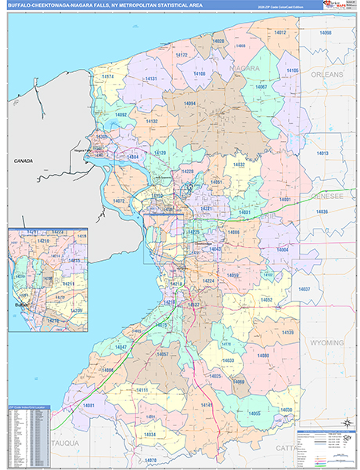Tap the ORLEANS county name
coord(326,74)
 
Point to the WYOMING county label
coord(326,343)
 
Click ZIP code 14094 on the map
coord(189,103)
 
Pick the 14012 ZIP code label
coord(280,32)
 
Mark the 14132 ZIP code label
coord(151,121)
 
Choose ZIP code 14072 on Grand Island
coord(119,201)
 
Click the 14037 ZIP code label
coord(304,290)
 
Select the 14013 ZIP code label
coord(322,154)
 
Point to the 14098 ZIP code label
coord(326,33)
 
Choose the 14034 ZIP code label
coord(149,434)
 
